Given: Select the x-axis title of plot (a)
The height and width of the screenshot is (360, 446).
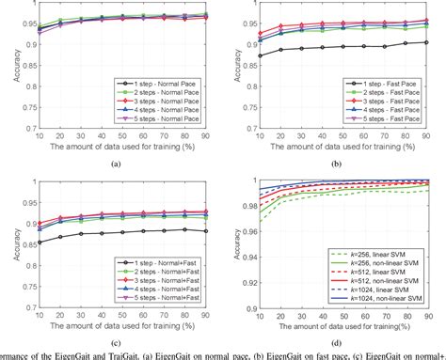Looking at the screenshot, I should click(x=116, y=146).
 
